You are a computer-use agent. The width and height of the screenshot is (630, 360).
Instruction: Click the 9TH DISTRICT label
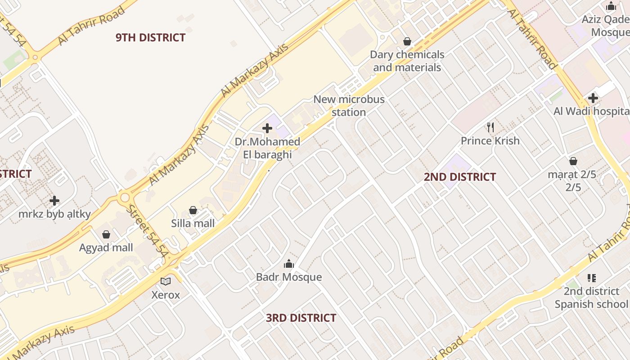pos(150,37)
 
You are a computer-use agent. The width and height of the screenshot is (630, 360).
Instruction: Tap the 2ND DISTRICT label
pos(459,177)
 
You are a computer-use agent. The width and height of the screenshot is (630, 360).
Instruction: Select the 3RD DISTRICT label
pos(301,318)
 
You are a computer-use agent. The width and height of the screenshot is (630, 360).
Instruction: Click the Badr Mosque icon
pos(289,264)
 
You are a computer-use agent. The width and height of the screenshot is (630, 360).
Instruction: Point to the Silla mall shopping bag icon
pos(193,210)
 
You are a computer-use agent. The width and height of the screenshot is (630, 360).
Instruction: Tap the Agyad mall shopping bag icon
pos(106,234)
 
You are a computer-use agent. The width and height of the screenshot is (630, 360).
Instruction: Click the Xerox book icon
pos(166,282)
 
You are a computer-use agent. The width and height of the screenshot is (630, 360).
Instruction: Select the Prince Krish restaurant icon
pos(490,127)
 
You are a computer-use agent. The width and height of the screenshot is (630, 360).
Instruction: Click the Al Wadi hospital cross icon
pos(593,98)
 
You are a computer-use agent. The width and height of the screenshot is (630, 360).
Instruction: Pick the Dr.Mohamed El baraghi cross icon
pos(267,129)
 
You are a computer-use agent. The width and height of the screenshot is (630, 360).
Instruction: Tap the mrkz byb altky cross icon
pos(54,201)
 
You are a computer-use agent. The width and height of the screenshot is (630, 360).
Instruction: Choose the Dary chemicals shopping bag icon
pos(407,41)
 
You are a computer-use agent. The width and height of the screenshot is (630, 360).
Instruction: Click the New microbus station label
pos(349,105)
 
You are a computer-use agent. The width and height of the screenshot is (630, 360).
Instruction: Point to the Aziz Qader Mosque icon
pos(611,6)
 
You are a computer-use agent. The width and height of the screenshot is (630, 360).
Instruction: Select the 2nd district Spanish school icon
pos(592,278)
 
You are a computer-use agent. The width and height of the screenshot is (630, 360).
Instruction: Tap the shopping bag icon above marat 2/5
pos(573,161)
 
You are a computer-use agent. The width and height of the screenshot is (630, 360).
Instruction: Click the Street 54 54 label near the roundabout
pos(146,232)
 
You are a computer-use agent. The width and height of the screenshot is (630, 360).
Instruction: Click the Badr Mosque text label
pos(289,277)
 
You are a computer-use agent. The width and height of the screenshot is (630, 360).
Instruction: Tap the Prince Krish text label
pos(490,141)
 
